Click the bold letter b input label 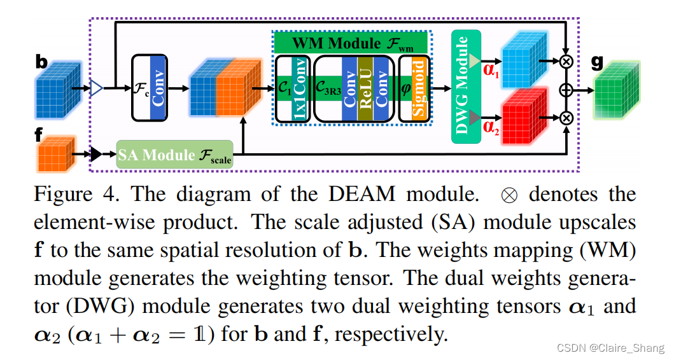(41, 62)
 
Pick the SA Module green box (174, 154)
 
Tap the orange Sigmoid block (418, 88)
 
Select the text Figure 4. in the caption (76, 194)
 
